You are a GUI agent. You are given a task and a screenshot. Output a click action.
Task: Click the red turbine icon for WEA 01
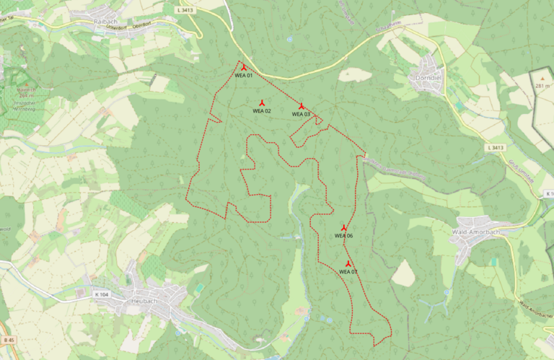pyautogui.click(x=244, y=67)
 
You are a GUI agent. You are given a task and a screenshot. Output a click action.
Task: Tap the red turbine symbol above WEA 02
pyautogui.click(x=262, y=103)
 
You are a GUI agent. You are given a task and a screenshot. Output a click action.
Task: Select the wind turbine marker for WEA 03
pyautogui.click(x=302, y=106)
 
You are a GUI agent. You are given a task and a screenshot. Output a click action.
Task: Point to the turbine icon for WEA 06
pyautogui.click(x=344, y=228)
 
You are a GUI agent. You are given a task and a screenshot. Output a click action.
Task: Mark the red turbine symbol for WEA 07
pyautogui.click(x=348, y=264)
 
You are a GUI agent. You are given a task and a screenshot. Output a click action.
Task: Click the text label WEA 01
pyautogui.click(x=244, y=75)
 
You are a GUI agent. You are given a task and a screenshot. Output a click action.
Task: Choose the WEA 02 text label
pyautogui.click(x=262, y=111)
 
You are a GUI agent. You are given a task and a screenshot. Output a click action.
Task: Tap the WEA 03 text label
pyautogui.click(x=302, y=114)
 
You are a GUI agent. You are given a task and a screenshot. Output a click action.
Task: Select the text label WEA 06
pyautogui.click(x=344, y=236)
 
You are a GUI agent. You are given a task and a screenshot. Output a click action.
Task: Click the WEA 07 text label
pyautogui.click(x=348, y=272)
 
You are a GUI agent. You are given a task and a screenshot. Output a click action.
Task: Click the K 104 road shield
pyautogui.click(x=101, y=295)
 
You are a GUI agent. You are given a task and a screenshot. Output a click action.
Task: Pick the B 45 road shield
pyautogui.click(x=8, y=340)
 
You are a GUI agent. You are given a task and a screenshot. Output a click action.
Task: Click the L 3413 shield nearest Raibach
pyautogui.click(x=185, y=11)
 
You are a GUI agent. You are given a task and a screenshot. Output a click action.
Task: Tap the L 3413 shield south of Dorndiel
pyautogui.click(x=494, y=147)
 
